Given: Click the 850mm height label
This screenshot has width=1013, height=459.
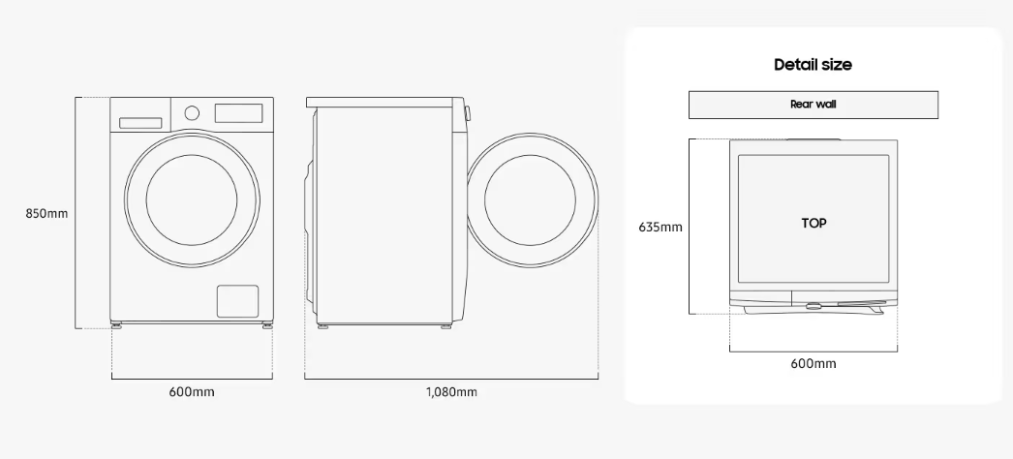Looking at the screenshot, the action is (46, 213).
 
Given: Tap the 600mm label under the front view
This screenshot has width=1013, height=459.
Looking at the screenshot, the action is (192, 392).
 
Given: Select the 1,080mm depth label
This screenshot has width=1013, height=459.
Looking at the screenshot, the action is (451, 392).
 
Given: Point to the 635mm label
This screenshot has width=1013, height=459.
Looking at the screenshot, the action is (660, 228).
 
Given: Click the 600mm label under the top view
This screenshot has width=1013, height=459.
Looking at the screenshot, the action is (813, 363).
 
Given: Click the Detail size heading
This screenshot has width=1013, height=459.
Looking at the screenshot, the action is (813, 65).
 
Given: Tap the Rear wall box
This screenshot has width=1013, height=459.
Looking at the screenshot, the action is (813, 105).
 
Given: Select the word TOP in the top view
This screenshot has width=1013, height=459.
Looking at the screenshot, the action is (814, 224).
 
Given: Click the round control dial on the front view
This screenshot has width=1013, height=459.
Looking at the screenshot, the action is (192, 113).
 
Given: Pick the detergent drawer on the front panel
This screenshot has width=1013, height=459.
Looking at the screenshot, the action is (140, 123).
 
